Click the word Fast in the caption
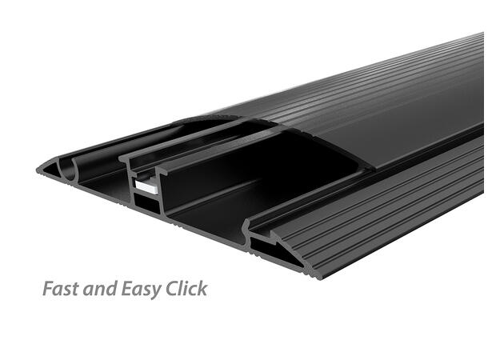click(x=61, y=289)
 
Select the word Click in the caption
click(x=185, y=289)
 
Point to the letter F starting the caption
click(x=47, y=289)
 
